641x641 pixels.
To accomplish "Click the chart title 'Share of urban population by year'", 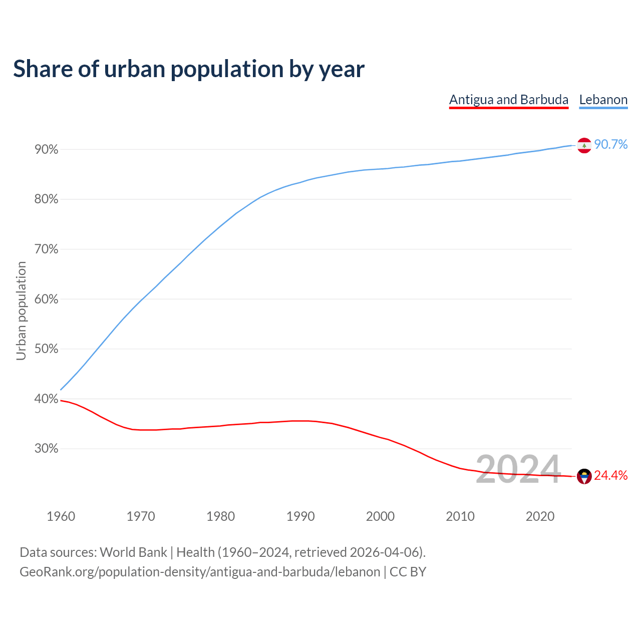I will point(189,69).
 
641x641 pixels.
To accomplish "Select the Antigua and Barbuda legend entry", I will point(509,100).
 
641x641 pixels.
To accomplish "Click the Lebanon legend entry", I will point(603,100).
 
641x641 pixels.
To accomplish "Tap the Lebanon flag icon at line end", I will point(584,145).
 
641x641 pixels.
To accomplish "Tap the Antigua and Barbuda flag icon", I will point(584,476).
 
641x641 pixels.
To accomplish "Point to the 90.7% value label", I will point(611,145).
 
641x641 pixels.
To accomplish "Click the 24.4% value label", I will point(611,476).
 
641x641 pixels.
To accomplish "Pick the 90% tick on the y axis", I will point(47,150).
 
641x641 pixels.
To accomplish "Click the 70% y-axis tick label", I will point(47,249).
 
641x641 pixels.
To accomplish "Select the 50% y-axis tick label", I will point(47,349).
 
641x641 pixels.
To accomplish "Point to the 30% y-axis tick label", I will point(47,449).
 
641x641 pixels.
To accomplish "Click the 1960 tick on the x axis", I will point(61,516).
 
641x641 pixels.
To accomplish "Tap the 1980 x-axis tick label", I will point(221,516).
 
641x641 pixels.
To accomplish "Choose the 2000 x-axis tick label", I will point(381,516).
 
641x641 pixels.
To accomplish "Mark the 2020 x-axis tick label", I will point(540,516).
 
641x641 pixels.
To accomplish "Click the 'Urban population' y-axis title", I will point(21,310).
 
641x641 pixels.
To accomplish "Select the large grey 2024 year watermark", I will point(518,469).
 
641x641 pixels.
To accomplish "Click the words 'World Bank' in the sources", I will point(133,552).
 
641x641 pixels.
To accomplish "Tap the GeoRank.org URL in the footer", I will point(200,572).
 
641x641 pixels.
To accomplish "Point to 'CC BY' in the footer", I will point(408,572).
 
